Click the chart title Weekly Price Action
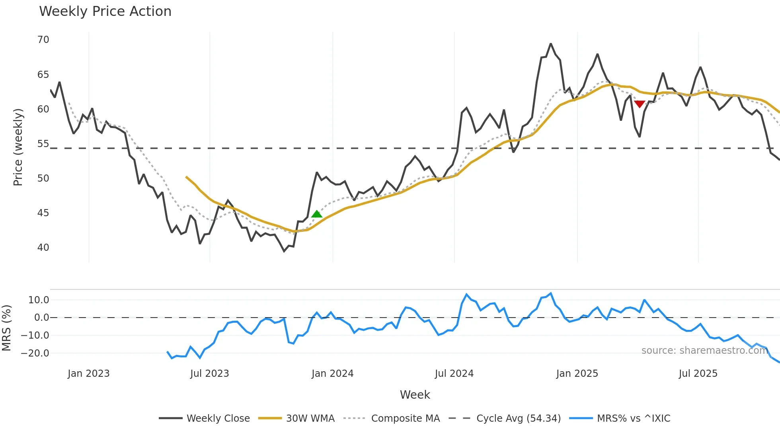105,12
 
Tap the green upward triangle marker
317,214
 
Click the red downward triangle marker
640,104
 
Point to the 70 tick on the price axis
43,40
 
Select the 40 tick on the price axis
43,248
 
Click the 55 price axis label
43,144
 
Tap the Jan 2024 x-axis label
332,374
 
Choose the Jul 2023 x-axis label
209,374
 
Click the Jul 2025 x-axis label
698,374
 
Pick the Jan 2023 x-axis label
88,374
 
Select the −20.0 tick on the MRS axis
35,353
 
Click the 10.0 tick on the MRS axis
39,300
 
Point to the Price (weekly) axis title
18,147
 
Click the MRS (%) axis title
6,328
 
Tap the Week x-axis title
415,395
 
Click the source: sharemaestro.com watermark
704,351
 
